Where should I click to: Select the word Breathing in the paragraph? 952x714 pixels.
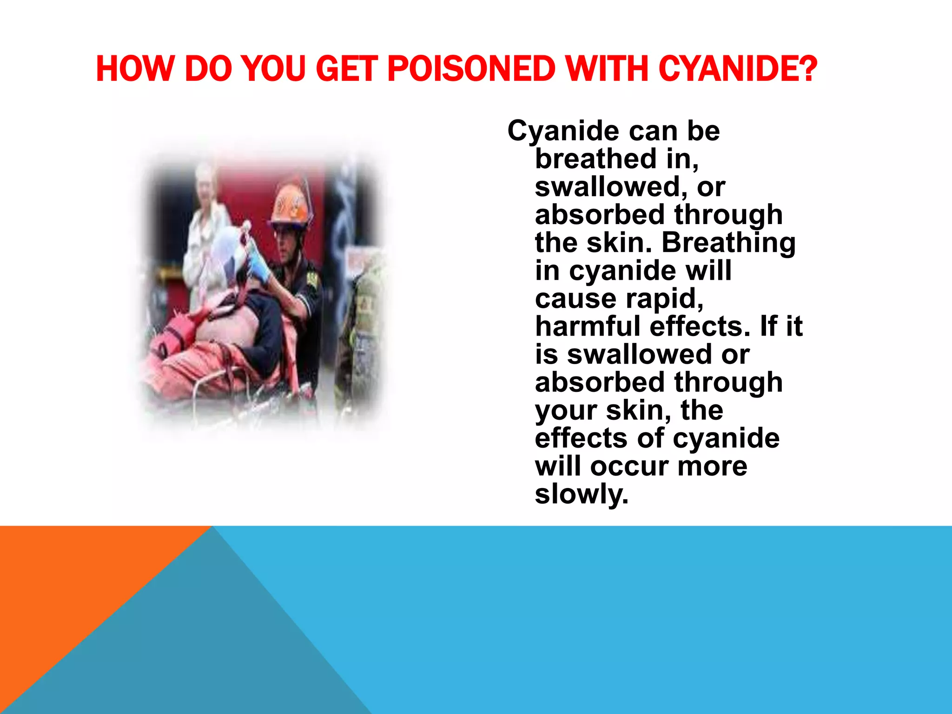click(x=728, y=243)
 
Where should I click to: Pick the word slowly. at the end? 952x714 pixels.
click(x=582, y=494)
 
